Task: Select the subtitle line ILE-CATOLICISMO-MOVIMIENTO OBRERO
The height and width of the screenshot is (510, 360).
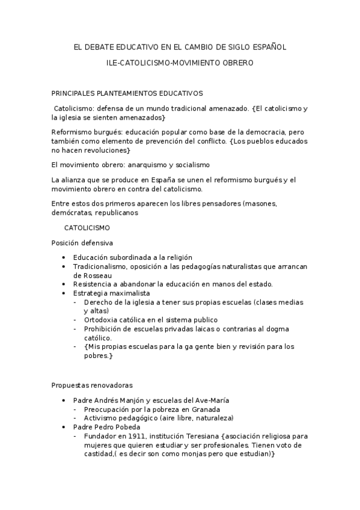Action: tap(180, 63)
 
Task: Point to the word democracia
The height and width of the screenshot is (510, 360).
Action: tap(261, 131)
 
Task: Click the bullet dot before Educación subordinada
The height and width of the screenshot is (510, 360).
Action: tap(64, 257)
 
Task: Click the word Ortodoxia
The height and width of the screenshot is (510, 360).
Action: tap(102, 320)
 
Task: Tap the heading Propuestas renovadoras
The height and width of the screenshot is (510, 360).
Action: tap(92, 385)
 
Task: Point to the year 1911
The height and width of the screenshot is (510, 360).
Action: tap(135, 436)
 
